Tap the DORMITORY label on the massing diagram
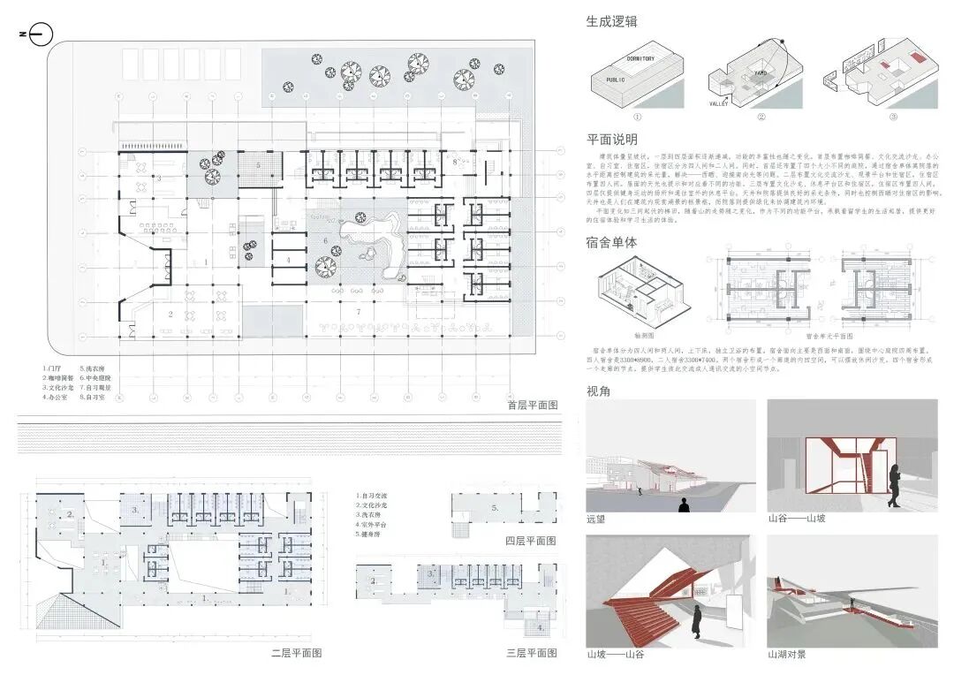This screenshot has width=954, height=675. (640, 58)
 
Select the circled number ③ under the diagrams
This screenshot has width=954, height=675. (868, 117)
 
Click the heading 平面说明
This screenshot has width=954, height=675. (611, 140)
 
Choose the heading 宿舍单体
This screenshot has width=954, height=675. (611, 242)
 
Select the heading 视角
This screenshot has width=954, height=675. (598, 391)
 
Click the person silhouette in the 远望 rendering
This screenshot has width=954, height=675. (683, 504)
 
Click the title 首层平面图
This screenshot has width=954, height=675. (533, 406)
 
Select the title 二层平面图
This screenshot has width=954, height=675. (296, 653)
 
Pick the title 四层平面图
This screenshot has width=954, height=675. (531, 541)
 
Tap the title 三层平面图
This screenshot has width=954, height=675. (531, 653)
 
